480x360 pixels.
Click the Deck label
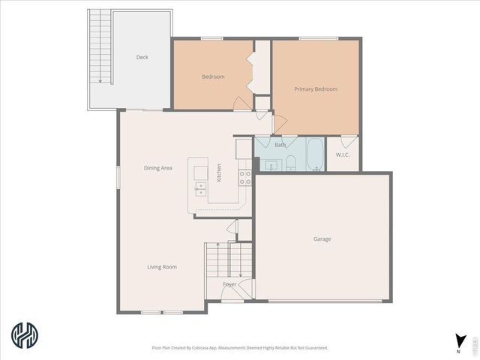pos(142,57)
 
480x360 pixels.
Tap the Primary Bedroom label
pos(316,89)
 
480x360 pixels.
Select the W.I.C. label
pos(343,154)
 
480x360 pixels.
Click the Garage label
pos(322,239)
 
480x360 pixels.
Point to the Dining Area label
pos(158,168)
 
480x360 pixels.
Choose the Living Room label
pos(162,266)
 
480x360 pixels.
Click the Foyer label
pos(229,284)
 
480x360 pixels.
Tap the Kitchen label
pos(219,172)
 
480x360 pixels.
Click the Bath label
pos(280,145)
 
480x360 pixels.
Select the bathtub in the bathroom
pos(316,155)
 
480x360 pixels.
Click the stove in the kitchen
pos(244,177)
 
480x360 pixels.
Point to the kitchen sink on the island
pos(200,187)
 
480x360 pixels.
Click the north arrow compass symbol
pos(460,340)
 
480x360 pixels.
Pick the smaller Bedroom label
pos(213,76)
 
